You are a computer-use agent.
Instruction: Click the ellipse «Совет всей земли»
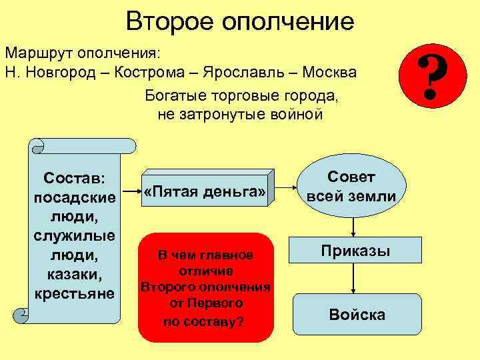351,187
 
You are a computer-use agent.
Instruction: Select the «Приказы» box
355,251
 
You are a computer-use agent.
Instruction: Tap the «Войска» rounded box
357,315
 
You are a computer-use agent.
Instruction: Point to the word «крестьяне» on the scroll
74,293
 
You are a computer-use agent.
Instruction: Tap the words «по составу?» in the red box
204,321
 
